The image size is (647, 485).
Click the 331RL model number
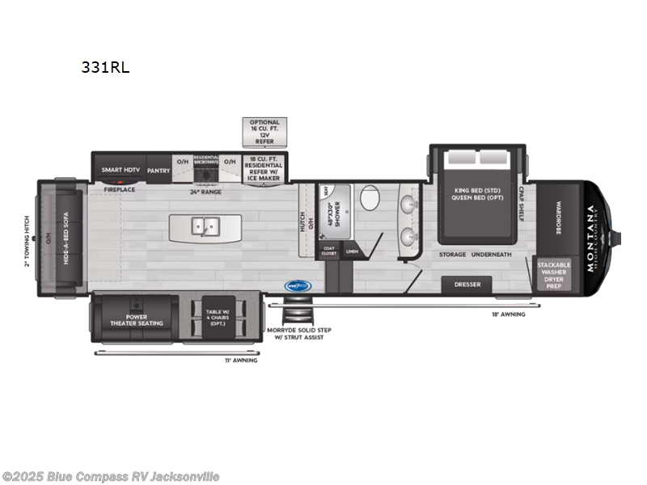pos(105,68)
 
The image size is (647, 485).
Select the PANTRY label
pos(159,171)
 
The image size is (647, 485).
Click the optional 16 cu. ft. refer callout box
pos(264,130)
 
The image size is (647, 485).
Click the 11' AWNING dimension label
pos(241,360)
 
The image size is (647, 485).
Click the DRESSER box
pos(467,285)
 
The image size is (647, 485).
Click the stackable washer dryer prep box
pos(554,275)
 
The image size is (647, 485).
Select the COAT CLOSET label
pos(329,251)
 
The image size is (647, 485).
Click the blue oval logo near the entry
pos(298,285)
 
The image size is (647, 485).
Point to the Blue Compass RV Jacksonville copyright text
pos(111,477)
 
